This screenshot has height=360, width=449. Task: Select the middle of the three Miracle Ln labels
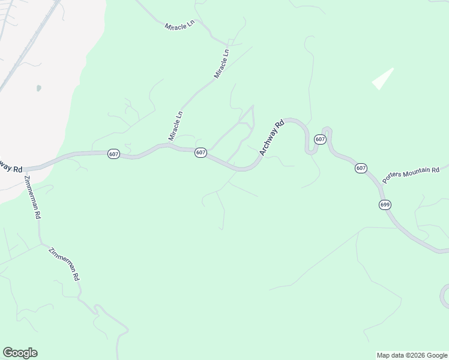tap(222, 64)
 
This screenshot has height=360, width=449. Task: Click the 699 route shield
tap(385, 205)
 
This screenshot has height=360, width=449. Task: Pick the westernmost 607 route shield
tap(114, 154)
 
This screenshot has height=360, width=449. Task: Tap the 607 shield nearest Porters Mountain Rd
tap(360, 168)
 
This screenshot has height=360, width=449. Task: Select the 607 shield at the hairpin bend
tap(320, 140)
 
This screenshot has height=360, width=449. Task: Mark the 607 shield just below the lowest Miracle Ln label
tap(200, 153)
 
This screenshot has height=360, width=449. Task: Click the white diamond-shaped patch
tap(382, 79)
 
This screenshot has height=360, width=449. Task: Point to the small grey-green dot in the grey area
tap(39, 88)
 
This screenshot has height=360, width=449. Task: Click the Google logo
tap(20, 353)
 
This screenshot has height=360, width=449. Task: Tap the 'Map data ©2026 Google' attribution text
tap(412, 355)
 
